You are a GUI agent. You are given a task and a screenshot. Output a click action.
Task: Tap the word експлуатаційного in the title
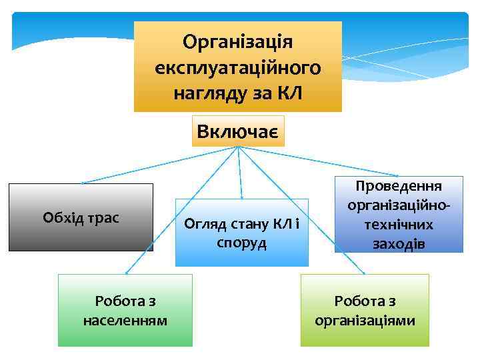pyautogui.click(x=238, y=67)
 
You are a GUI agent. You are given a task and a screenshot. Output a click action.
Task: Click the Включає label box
pyautogui.click(x=238, y=131)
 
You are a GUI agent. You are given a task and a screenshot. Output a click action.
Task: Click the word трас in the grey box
pyautogui.click(x=101, y=218)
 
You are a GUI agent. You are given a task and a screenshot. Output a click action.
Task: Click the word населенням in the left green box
pyautogui.click(x=125, y=321)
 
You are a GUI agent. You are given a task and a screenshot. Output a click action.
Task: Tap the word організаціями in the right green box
pyautogui.click(x=365, y=321)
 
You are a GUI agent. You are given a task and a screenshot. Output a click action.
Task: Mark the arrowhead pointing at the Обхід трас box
pyautogui.click(x=83, y=181)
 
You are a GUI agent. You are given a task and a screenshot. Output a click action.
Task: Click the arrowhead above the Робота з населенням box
pyautogui.click(x=127, y=273)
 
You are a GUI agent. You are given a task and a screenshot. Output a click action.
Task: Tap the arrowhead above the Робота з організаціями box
pyautogui.click(x=364, y=273)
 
